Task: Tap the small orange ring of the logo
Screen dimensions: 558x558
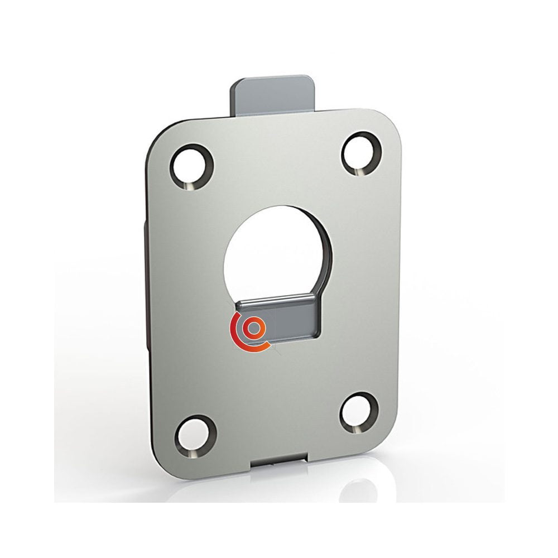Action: tap(254, 328)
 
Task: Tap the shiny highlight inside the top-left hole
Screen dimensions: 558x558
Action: tap(191, 185)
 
